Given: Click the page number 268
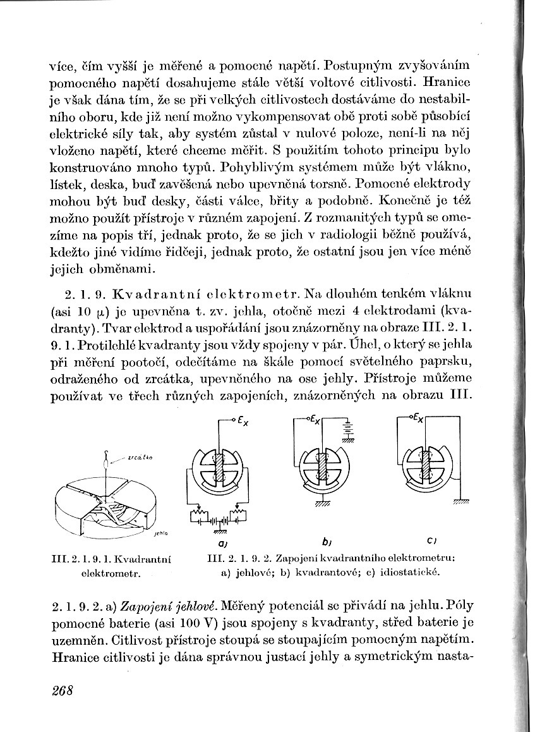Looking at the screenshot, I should (63, 690).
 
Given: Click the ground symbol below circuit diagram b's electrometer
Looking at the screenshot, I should (322, 504).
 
